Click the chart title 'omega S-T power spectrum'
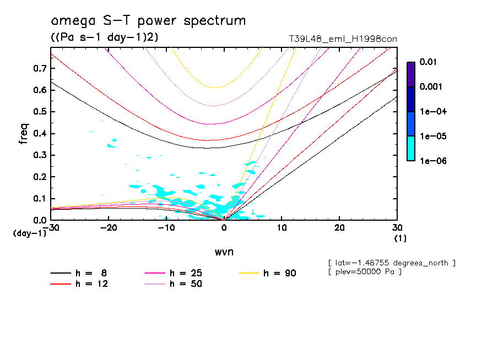click(x=148, y=21)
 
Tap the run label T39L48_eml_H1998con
click(x=343, y=39)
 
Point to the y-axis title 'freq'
click(x=24, y=134)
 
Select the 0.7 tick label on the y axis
click(x=38, y=68)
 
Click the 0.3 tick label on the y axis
click(x=38, y=155)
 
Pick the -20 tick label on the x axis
click(x=108, y=227)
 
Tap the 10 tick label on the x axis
click(x=282, y=227)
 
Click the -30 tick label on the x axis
click(x=51, y=227)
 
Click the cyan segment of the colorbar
click(x=410, y=148)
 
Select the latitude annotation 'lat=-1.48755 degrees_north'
click(x=392, y=263)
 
